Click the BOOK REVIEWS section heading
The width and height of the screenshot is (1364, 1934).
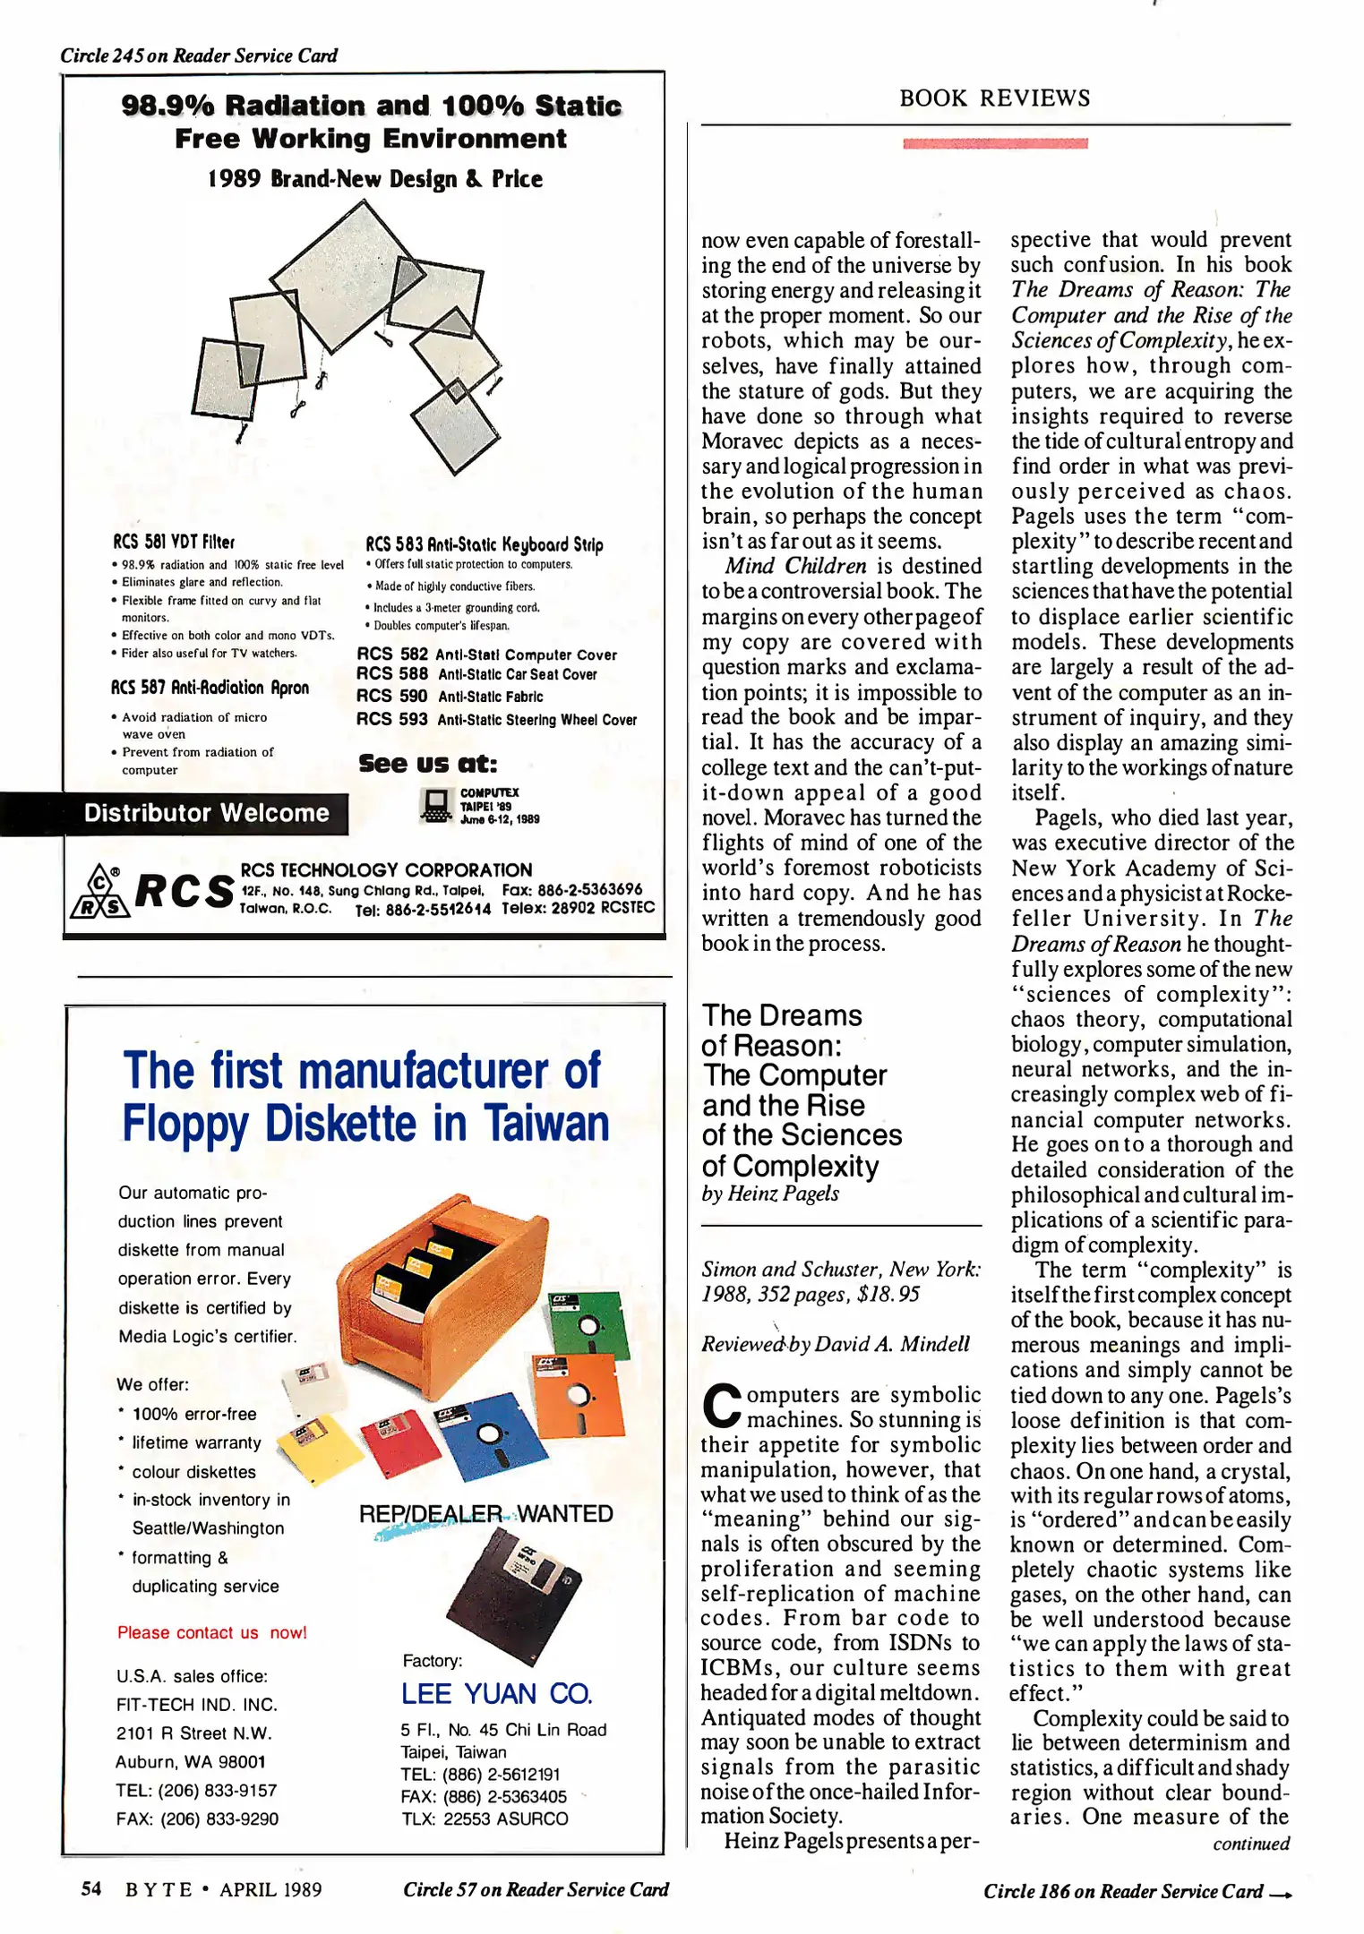[994, 98]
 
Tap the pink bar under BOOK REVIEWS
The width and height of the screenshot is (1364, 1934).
[995, 143]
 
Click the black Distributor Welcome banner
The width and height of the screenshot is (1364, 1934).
[206, 813]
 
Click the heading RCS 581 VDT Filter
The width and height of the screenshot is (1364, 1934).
[174, 542]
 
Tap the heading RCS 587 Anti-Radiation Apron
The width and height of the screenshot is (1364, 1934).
[210, 688]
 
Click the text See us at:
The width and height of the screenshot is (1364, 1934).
[427, 764]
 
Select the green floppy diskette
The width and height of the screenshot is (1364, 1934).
[586, 1324]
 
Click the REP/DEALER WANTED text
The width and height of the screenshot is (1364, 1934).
[485, 1513]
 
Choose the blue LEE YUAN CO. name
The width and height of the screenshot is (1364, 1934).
[496, 1693]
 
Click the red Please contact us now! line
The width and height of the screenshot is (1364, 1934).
[211, 1632]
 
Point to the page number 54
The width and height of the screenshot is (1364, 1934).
[90, 1888]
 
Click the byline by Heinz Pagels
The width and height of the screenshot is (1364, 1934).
[770, 1194]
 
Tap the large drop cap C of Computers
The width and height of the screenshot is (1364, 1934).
[721, 1406]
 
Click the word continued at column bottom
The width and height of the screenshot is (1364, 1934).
[1250, 1844]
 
